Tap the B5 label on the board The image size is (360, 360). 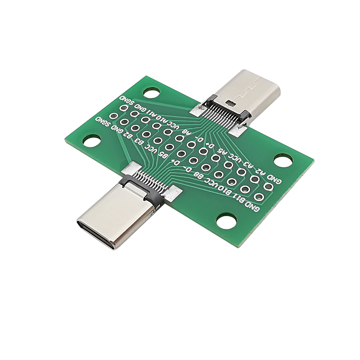(x=163, y=155)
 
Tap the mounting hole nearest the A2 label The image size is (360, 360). (x=283, y=160)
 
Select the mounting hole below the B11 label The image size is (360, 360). (x=226, y=221)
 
